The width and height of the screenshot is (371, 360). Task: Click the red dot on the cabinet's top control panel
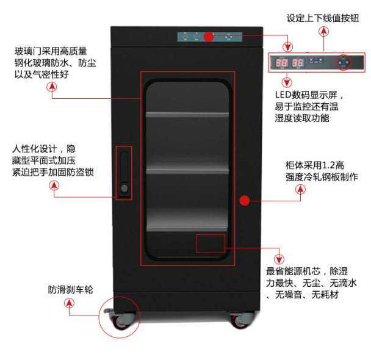208,37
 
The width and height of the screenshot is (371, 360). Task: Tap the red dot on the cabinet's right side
245,200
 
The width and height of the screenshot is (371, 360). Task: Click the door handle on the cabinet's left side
124,173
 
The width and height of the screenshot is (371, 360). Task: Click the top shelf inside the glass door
188,115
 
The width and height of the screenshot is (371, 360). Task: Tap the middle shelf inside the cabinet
188,171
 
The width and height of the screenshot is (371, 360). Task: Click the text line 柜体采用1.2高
315,165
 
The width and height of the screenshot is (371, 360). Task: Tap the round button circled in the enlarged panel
344,62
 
